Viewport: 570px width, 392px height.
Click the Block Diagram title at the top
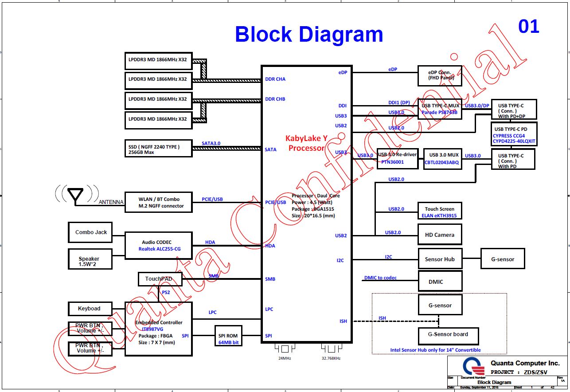(309, 35)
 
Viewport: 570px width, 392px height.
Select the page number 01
(528, 27)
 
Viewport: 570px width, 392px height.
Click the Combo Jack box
(90, 232)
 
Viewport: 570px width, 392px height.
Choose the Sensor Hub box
(440, 259)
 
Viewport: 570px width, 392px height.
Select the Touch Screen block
(440, 212)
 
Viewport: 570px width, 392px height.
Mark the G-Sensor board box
(448, 335)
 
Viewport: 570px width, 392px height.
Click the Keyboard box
(90, 309)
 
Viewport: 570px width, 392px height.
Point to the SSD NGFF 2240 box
(158, 149)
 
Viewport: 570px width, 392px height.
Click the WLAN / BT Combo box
(158, 203)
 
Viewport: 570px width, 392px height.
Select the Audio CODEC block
(158, 246)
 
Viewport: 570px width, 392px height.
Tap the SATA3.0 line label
(211, 143)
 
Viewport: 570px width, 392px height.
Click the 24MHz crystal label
(285, 358)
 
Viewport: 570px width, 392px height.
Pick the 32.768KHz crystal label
(331, 358)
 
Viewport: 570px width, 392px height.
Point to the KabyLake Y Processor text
(306, 143)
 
